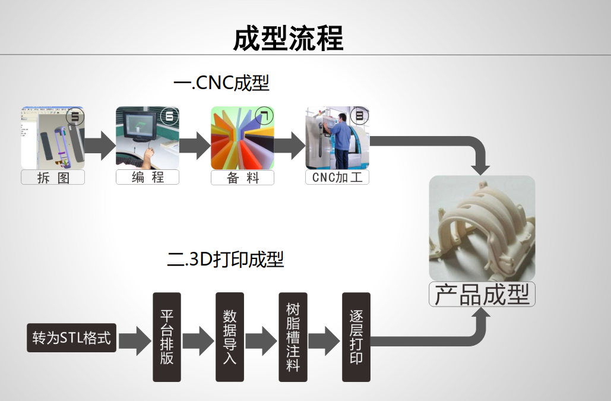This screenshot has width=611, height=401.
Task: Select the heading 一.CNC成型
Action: [x=221, y=83]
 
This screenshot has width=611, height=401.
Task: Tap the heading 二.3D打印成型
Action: [x=226, y=260]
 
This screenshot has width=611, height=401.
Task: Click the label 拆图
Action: [x=53, y=177]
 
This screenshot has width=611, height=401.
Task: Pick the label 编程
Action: [x=147, y=177]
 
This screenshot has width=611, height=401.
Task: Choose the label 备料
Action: [x=242, y=177]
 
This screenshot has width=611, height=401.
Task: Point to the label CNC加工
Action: [x=337, y=177]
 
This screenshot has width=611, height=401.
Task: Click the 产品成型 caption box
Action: [x=482, y=295]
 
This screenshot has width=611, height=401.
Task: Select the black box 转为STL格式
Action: [x=71, y=337]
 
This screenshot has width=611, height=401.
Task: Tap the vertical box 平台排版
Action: [x=167, y=337]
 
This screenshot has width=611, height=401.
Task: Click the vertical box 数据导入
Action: [x=230, y=337]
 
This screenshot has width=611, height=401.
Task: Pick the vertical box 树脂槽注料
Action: [x=293, y=337]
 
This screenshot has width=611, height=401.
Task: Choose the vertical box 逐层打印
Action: [x=356, y=337]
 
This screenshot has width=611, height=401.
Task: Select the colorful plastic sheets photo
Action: [x=242, y=138]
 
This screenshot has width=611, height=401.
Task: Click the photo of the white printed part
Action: [x=482, y=228]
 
